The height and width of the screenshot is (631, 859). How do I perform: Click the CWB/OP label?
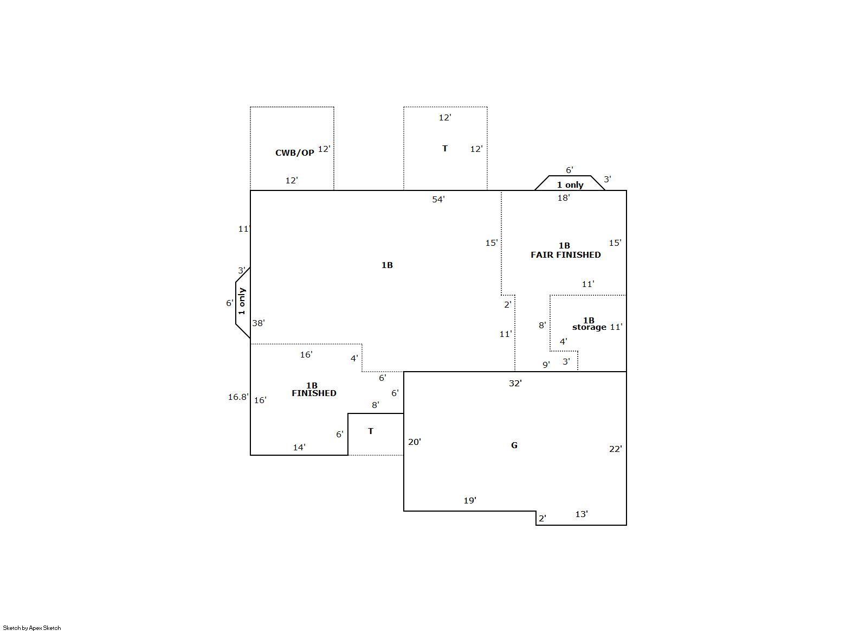tap(294, 153)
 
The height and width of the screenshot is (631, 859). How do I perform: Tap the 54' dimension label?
tap(438, 199)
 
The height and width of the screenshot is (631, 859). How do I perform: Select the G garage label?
tap(514, 445)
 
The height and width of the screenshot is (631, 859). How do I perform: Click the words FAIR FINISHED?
tap(566, 255)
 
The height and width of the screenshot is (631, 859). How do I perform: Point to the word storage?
tap(589, 327)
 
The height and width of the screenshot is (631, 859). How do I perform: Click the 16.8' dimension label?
tap(238, 397)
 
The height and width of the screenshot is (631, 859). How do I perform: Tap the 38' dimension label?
tap(259, 323)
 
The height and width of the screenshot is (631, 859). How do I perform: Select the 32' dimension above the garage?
tap(515, 383)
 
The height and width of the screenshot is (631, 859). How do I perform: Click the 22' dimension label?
tap(616, 449)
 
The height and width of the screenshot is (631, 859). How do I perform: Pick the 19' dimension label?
tap(470, 500)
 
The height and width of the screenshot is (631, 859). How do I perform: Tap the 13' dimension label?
tap(582, 514)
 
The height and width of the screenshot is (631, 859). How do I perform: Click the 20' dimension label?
tap(415, 442)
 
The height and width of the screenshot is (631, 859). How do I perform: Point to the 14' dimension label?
tap(299, 447)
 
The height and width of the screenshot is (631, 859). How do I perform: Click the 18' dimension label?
tap(564, 197)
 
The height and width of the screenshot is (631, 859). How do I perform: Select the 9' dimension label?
tap(546, 365)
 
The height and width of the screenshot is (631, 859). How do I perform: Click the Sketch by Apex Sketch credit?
tap(32, 628)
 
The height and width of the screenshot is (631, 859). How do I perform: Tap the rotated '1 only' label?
tap(242, 301)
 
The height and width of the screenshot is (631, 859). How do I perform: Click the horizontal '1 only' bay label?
tap(570, 185)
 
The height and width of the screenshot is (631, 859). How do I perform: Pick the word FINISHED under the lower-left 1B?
tap(314, 393)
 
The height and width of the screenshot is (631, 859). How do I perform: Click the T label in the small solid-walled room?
tap(371, 431)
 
